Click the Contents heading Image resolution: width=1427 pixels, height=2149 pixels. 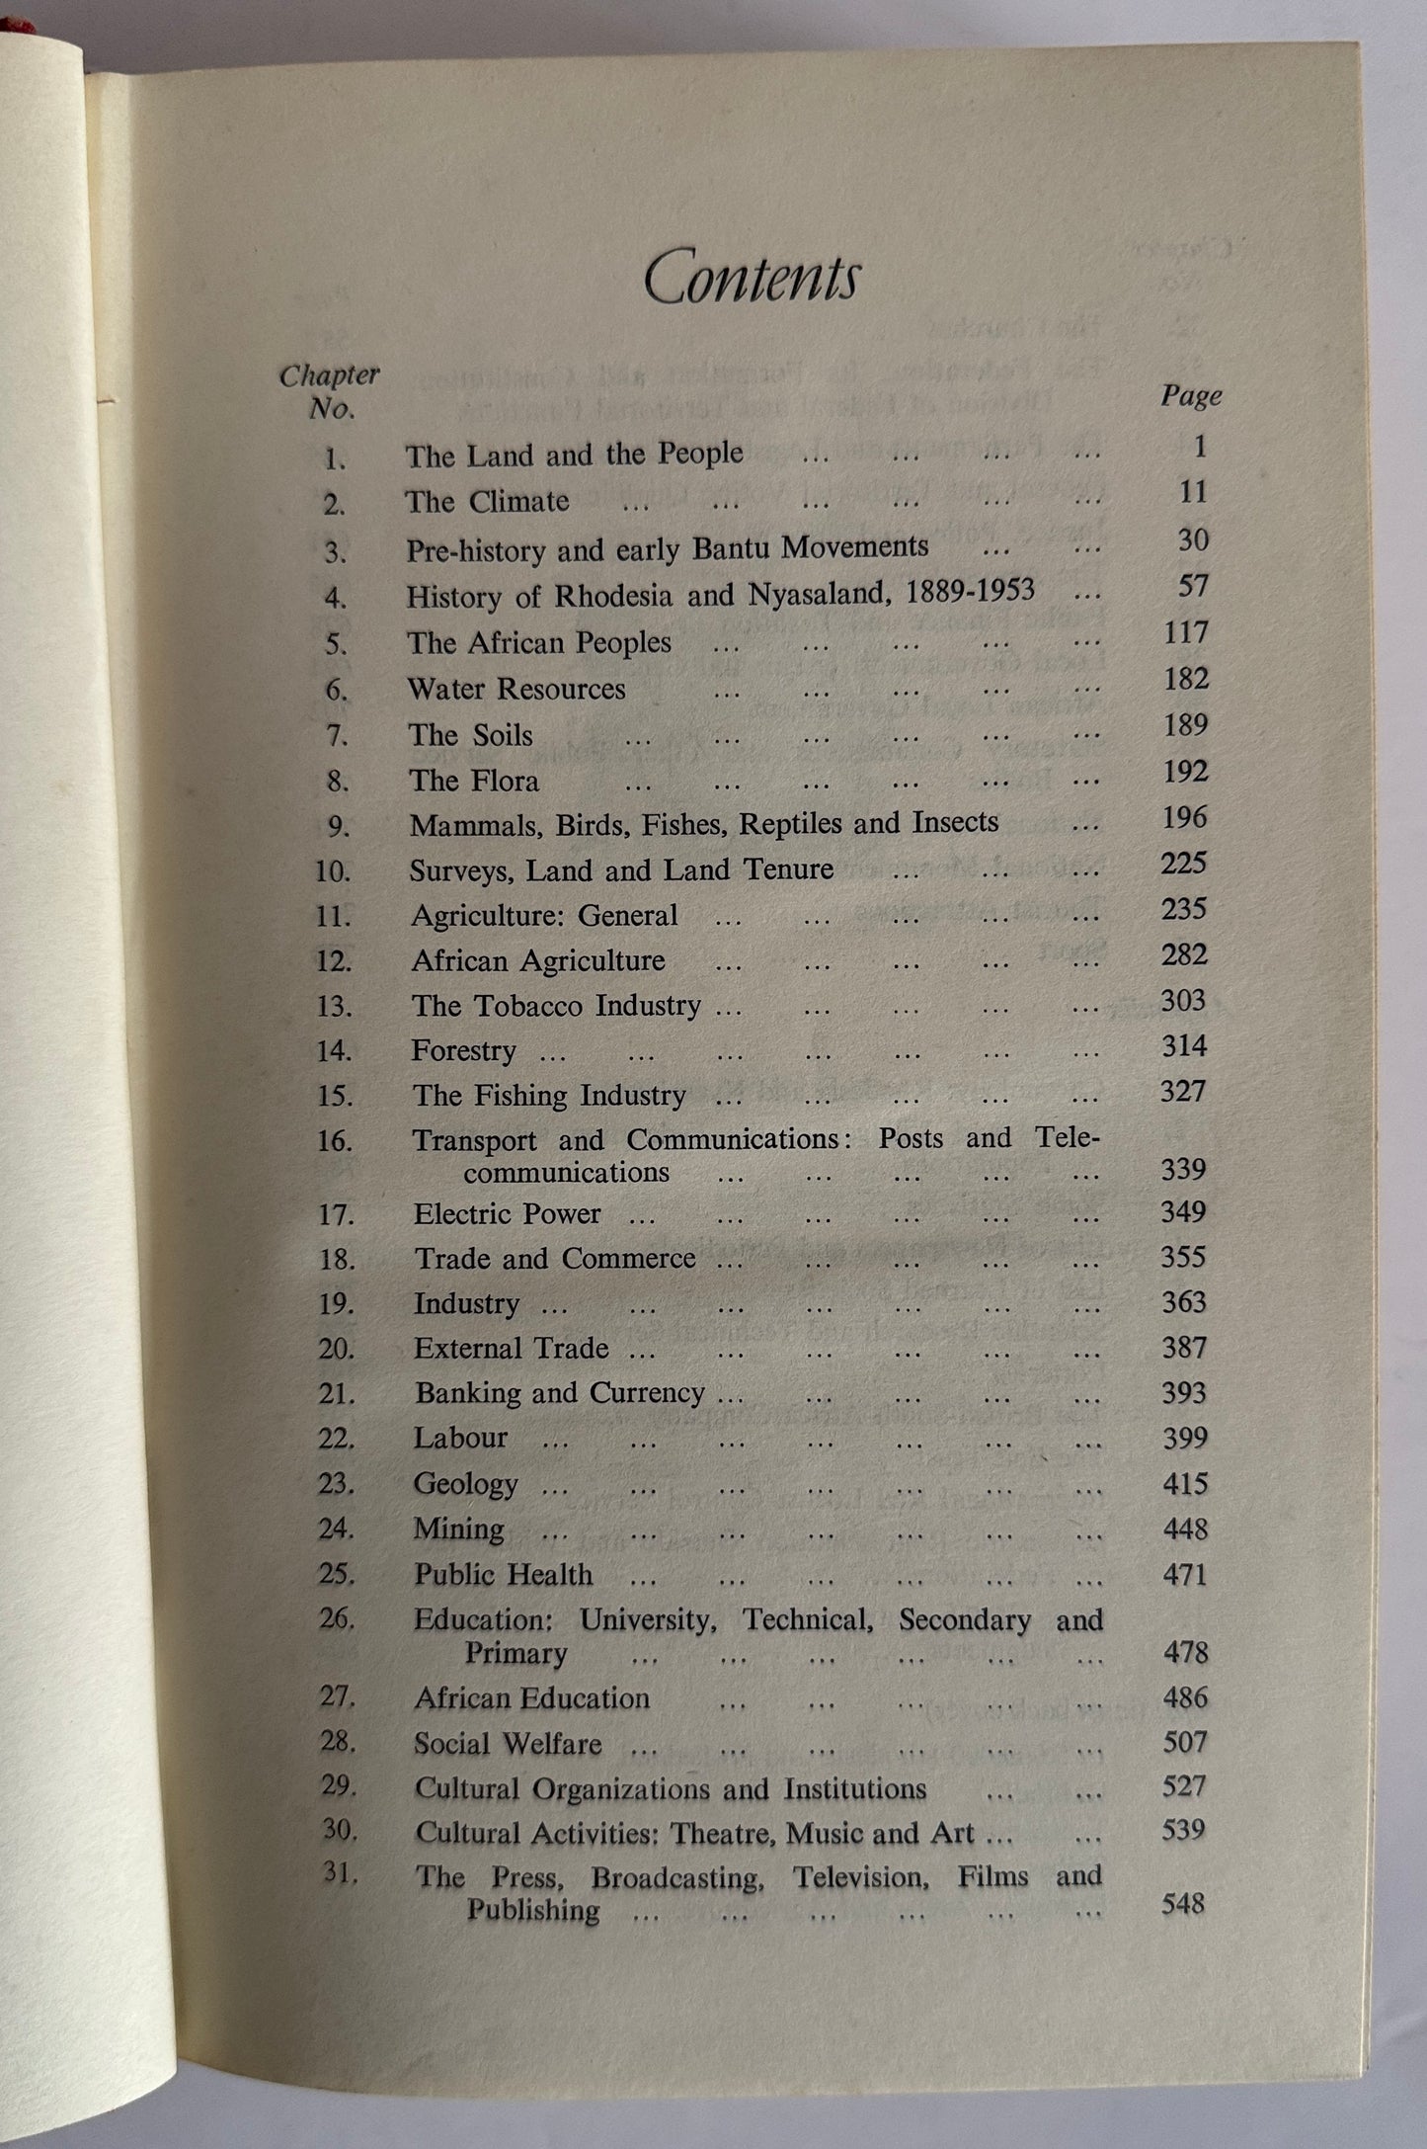coord(751,280)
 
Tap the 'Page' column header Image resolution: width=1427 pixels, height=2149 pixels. coord(1191,396)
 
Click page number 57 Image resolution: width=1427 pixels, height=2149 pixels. coord(1193,586)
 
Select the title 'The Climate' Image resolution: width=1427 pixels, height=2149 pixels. coord(487,501)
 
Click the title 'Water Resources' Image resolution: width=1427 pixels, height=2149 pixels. coord(516,689)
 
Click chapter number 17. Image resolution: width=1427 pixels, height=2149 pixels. coord(335,1214)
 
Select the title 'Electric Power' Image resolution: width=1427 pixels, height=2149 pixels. coord(507,1213)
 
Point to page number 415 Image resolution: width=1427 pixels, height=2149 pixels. coord(1184,1483)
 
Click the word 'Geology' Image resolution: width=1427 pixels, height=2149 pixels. coord(465,1483)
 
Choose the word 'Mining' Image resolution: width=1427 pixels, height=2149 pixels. coord(458,1529)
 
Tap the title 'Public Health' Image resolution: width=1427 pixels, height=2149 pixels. coord(503,1574)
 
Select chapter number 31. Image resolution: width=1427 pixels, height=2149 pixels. coord(339,1872)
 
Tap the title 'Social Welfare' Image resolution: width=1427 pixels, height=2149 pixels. coord(508,1744)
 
